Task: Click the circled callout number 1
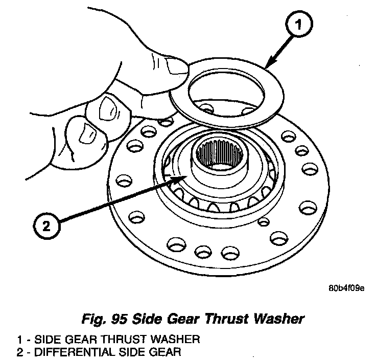point(299,24)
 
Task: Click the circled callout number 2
point(46,226)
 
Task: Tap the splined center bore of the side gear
point(220,153)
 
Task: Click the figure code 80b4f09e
point(346,288)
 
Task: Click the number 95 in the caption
point(119,319)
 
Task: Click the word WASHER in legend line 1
point(175,340)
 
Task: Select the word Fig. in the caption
point(94,320)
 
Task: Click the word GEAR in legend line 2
point(165,352)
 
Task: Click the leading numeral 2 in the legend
point(20,352)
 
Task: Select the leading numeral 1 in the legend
point(20,340)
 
